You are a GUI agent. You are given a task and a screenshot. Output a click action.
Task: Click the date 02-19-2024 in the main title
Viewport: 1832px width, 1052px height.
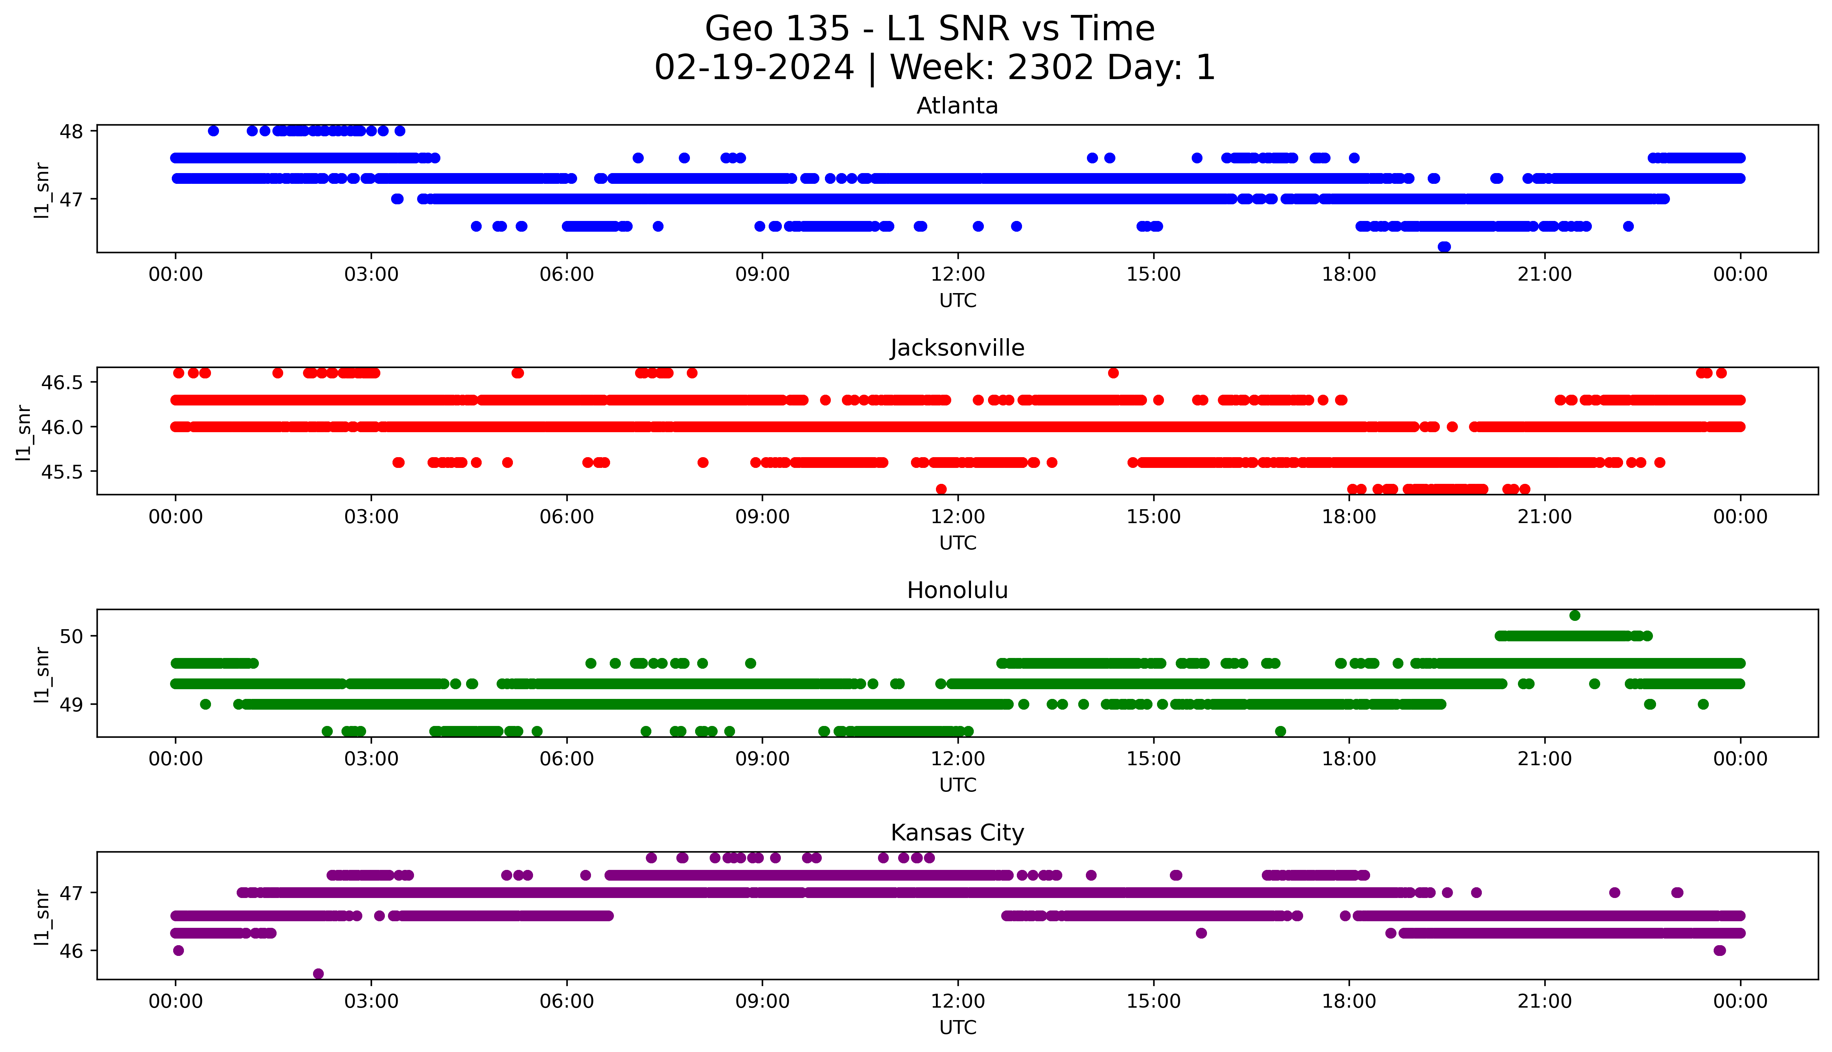click(754, 68)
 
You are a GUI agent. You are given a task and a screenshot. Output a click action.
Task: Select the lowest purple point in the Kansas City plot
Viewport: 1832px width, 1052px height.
click(318, 974)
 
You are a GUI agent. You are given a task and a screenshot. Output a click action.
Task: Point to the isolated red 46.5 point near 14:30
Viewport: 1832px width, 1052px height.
click(1113, 373)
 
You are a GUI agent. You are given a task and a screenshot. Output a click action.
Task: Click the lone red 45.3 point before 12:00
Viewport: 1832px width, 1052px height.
click(941, 489)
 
